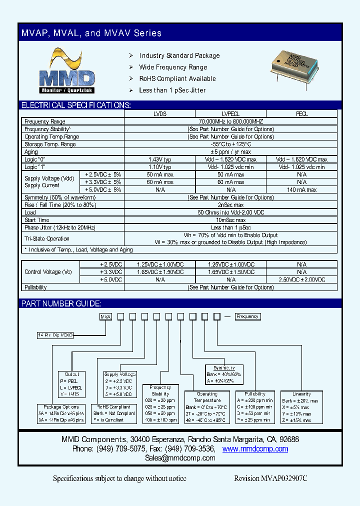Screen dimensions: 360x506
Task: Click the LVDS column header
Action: (159, 114)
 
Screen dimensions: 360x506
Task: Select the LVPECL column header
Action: (230, 114)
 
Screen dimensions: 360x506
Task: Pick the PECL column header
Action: (302, 114)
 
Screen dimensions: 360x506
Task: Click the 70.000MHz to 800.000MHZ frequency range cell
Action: (230, 121)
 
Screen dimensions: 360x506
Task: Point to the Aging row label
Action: (31, 151)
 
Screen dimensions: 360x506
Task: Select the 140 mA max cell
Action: (302, 189)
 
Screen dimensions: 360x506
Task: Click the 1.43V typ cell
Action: (159, 159)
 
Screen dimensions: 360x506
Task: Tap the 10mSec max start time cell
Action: (230, 220)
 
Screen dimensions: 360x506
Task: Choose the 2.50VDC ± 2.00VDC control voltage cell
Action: (302, 279)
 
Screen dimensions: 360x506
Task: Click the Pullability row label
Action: (35, 287)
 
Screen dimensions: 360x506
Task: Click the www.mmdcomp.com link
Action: (255, 449)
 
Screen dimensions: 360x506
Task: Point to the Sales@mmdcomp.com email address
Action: (180, 458)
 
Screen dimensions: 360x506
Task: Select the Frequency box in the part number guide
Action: (247, 316)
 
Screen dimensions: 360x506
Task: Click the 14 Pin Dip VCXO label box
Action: (55, 335)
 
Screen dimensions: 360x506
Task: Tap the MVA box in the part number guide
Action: (105, 316)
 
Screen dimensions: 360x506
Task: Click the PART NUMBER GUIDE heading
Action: (61, 303)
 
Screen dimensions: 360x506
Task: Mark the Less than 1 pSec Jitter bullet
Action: (172, 90)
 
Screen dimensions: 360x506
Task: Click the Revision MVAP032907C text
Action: (270, 478)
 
